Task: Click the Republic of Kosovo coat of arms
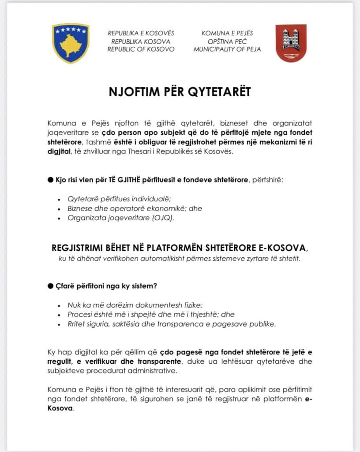click(x=71, y=43)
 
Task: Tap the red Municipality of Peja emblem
click(x=291, y=43)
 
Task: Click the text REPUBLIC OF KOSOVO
click(x=141, y=49)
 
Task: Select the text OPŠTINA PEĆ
click(x=227, y=41)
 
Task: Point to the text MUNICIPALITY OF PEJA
click(x=227, y=49)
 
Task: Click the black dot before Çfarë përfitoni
click(x=50, y=286)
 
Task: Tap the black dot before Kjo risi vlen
click(x=50, y=181)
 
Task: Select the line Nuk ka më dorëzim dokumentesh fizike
click(x=135, y=305)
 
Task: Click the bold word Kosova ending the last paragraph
click(x=60, y=408)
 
